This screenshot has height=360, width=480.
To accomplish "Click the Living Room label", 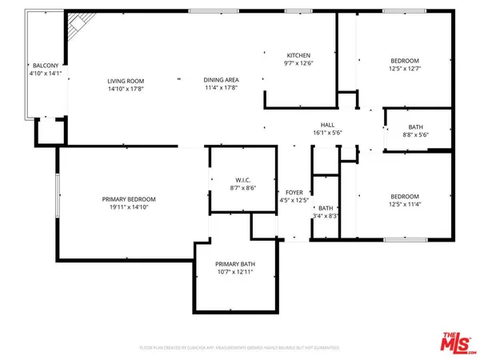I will coord(126,80).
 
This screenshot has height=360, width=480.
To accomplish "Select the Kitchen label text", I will coord(297,55).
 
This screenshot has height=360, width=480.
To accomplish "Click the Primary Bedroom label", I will coord(128,199).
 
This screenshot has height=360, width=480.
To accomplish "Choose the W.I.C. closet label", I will coord(244,181).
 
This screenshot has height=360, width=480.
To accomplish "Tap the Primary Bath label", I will coord(234,265).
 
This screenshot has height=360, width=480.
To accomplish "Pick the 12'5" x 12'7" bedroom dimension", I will coord(404,68).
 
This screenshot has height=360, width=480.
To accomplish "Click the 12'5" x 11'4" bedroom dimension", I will coord(404,204).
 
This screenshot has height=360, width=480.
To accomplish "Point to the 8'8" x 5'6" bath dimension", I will coord(415,136).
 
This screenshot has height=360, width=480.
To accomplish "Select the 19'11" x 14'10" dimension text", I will coord(128,207).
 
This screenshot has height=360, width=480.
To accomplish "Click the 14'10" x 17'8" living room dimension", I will coord(126,88).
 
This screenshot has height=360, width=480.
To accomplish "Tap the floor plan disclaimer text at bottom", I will coord(240,350).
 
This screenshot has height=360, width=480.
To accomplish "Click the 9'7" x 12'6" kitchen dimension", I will coord(297,63).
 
